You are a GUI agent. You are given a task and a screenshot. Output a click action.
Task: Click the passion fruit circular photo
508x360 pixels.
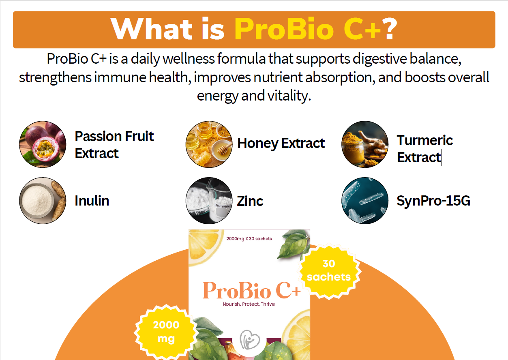coord(43,144)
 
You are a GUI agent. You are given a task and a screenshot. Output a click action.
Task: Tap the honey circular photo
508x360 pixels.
coord(209,144)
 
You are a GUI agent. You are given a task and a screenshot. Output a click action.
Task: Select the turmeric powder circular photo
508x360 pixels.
coord(365,144)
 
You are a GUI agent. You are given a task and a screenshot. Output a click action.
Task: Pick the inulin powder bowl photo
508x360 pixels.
coord(43,201)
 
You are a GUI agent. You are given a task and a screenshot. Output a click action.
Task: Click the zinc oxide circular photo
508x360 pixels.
coord(209,201)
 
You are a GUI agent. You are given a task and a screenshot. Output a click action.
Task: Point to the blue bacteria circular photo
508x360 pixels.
coord(365,201)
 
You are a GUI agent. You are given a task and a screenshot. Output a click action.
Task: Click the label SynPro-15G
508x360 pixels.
coord(433,201)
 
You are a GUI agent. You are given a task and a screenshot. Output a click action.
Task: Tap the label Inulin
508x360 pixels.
coord(92,201)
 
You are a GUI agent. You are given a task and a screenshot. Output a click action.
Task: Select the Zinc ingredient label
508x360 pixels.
coord(250,201)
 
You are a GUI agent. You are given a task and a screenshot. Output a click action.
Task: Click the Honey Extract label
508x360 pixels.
coord(281,144)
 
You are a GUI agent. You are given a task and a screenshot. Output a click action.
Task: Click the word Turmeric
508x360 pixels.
coord(425,140)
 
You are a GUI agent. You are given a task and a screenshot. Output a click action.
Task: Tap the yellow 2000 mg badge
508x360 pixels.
coord(166,332)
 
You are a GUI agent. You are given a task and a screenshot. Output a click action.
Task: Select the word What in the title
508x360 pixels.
coord(152,29)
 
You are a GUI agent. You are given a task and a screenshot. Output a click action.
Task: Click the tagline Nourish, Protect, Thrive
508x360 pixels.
coord(249,304)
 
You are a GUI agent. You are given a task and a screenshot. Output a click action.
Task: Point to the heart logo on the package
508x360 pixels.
coord(249,340)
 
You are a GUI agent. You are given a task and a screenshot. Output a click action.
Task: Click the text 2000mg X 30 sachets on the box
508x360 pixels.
coord(249,239)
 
